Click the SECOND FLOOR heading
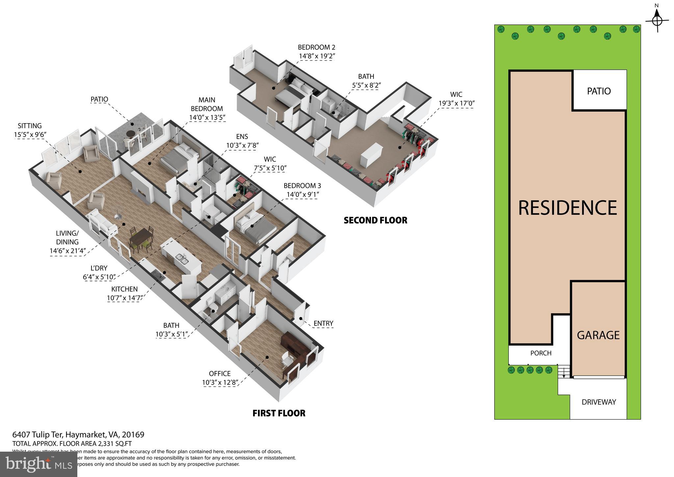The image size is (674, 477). click(375, 220)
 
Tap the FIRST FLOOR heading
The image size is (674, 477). click(279, 413)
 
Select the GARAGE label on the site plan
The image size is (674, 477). click(598, 335)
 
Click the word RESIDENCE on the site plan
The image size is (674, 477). click(567, 208)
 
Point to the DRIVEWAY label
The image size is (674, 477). click(599, 402)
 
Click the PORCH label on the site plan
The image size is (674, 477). click(541, 353)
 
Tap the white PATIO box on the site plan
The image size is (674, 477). click(599, 91)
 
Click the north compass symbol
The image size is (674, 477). click(657, 20)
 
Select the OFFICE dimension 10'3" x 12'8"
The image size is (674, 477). click(220, 382)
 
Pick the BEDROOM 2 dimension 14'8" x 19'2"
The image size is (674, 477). click(316, 56)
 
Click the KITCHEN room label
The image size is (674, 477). click(124, 289)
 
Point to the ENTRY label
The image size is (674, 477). click(323, 323)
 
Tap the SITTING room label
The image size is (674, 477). click(30, 126)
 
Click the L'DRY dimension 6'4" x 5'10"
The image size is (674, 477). click(99, 277)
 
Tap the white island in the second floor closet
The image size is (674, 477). click(371, 155)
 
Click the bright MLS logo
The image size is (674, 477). click(39, 464)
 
